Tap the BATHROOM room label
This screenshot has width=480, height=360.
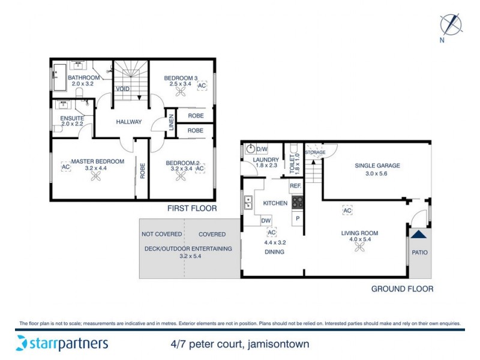point(83,78)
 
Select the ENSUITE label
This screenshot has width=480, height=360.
point(72,118)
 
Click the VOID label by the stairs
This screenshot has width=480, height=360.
point(123,89)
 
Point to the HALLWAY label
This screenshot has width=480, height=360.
point(129,122)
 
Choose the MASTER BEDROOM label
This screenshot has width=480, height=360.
point(97,161)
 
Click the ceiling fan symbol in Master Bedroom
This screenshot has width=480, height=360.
point(93,176)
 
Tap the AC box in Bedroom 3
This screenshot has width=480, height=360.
point(202,86)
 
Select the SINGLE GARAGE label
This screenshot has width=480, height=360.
point(377,166)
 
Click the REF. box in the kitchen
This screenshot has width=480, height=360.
point(295,187)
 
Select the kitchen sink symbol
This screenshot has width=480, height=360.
point(247,203)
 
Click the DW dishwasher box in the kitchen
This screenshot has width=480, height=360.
point(266,221)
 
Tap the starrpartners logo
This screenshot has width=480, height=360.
point(62,344)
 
